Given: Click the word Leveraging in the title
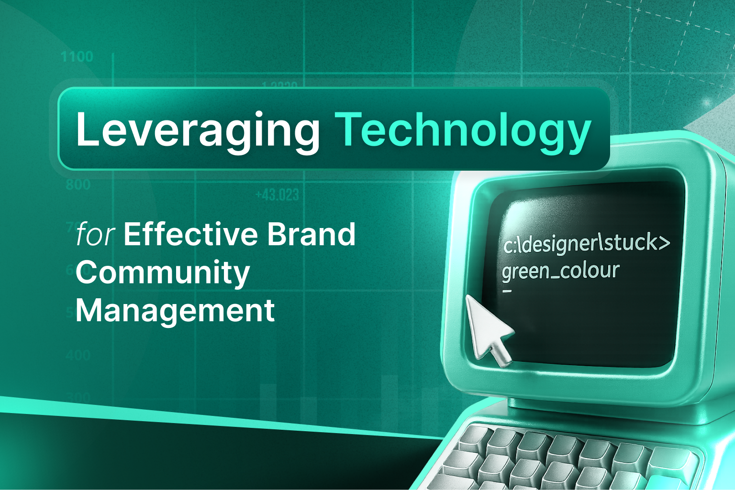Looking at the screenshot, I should [x=197, y=130].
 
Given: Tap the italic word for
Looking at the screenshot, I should [x=95, y=234].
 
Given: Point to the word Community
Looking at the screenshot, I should [x=163, y=273].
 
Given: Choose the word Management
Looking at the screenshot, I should [x=175, y=311].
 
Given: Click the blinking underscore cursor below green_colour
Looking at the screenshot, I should [x=507, y=291].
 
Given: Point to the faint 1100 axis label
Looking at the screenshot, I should [x=77, y=57].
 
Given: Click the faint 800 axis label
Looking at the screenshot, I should [x=78, y=185].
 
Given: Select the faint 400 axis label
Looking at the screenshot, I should [x=78, y=355].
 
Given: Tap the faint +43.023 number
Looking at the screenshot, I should [x=277, y=195].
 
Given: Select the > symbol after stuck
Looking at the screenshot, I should [x=664, y=243].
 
